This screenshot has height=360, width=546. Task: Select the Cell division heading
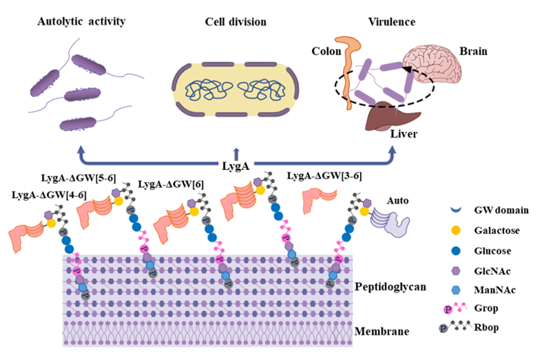[235, 22]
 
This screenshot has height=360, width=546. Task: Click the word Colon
[326, 51]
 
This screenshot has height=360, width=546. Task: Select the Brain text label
[472, 51]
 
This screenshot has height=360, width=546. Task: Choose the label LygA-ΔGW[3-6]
[324, 176]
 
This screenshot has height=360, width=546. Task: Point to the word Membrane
[381, 332]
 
